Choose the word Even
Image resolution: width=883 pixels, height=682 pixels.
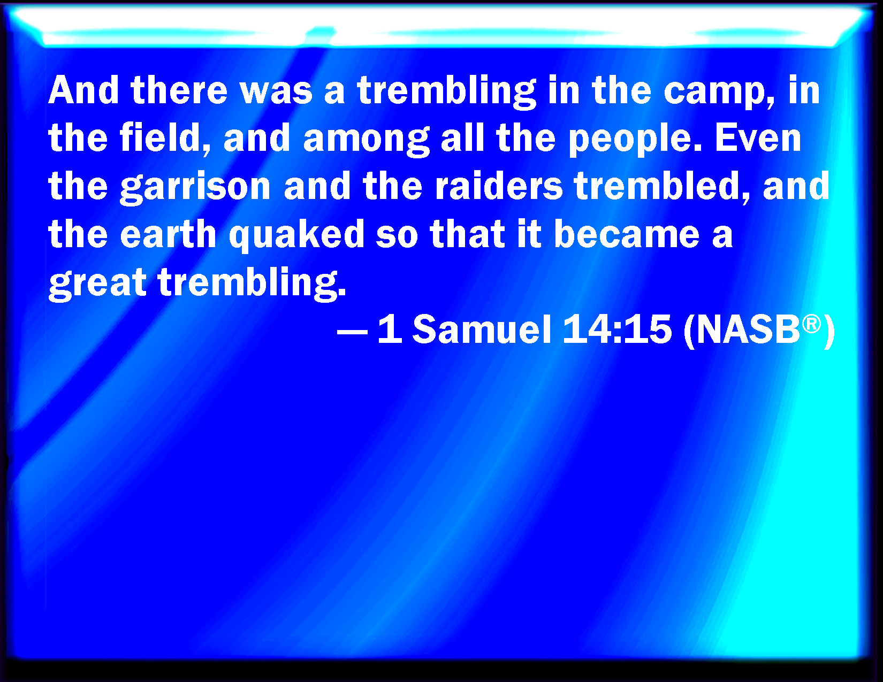[x=758, y=137]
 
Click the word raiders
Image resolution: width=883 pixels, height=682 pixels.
[x=499, y=185]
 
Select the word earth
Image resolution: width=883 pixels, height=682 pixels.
[x=168, y=233]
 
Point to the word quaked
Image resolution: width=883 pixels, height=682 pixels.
[x=296, y=236]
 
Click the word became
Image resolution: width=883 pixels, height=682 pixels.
[x=627, y=233]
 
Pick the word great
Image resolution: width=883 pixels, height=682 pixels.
[x=97, y=284]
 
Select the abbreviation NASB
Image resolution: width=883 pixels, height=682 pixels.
[x=748, y=329]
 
